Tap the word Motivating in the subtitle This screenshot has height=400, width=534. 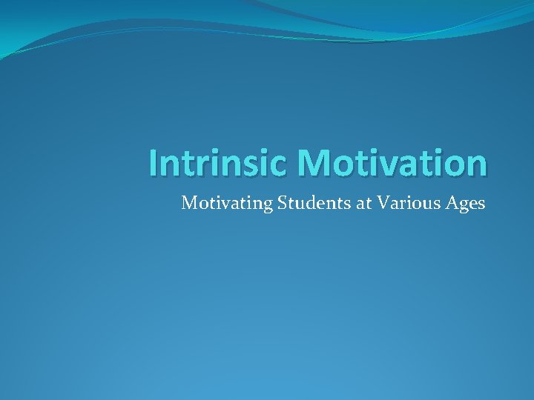click(x=227, y=204)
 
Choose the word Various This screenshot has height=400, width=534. click(x=406, y=203)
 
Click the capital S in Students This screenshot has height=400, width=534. click(x=282, y=203)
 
